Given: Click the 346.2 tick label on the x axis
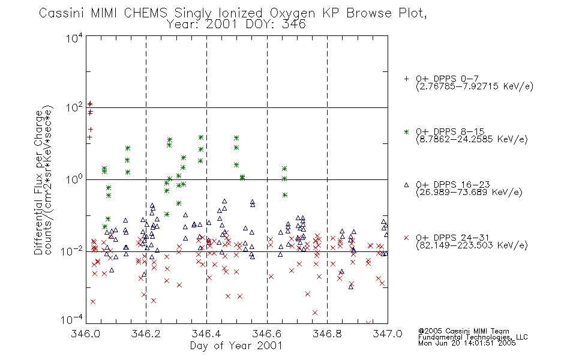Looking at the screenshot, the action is point(146,334).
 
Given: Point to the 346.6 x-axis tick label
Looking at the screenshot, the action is point(267,334).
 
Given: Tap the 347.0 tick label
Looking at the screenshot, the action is point(388,334).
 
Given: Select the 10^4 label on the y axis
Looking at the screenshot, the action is point(74,38).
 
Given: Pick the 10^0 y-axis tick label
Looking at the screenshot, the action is point(74,179).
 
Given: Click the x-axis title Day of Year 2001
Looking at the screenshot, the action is point(236,346).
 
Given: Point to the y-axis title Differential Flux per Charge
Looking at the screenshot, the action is point(38,182).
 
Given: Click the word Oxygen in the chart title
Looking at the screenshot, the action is point(292,13).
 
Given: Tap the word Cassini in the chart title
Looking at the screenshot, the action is point(61,13).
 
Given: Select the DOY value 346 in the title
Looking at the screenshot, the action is point(294,25).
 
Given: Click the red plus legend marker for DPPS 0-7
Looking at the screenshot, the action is point(406,79).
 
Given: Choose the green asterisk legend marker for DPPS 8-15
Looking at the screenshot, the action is point(406,131).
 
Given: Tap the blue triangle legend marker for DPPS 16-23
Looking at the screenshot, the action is point(406,185).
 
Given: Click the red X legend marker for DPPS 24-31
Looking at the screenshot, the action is point(406,238).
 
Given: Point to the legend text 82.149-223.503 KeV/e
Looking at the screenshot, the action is point(472,245).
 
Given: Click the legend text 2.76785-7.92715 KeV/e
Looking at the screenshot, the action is point(475,86).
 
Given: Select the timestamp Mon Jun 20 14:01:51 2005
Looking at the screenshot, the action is point(467,343).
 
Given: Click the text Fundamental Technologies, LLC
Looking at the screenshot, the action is point(473,337).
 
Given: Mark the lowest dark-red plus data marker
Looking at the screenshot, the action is point(89,137).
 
